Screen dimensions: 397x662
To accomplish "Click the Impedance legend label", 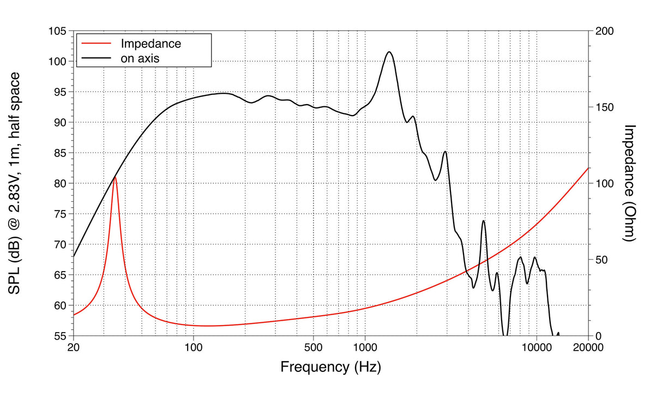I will coord(151,43).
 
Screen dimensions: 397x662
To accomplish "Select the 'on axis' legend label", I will coord(140,58).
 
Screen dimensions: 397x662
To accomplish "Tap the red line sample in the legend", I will coord(95,43).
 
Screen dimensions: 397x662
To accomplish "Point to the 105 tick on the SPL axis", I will coord(57,32).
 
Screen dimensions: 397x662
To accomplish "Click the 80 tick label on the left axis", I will coord(59,184).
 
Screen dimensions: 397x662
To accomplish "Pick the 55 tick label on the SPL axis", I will coord(59,336).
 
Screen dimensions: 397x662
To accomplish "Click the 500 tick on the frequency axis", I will coord(314,348).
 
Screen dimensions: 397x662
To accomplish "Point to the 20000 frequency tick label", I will coord(588,348).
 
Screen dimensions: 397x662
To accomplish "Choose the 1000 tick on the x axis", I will coord(365,348).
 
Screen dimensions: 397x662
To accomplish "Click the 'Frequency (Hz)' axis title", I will coord(330,366).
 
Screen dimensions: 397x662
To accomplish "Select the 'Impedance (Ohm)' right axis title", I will coord(630,183).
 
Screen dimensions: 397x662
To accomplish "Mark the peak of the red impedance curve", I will coord(115,177).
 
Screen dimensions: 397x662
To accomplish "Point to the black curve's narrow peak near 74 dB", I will coord(483,221).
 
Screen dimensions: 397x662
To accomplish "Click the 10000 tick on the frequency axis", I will coord(537,348).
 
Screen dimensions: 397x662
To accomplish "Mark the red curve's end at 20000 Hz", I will coord(588,168).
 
